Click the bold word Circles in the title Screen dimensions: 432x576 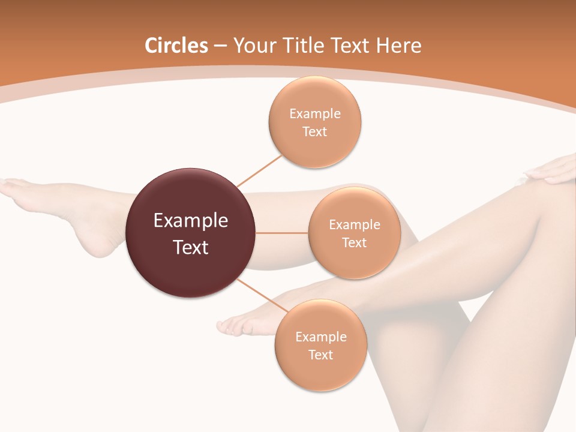point(176,46)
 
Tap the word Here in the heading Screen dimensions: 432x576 point(399,46)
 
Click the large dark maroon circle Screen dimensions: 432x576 point(191,233)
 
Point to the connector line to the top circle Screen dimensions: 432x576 point(259,170)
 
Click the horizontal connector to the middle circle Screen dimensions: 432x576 point(282,233)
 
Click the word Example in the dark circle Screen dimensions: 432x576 point(191,221)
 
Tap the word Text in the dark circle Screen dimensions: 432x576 point(191,247)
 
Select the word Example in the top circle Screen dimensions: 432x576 point(315,113)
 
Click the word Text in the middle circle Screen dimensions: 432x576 point(354,242)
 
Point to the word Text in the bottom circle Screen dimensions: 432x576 point(320,355)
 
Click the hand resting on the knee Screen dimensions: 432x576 point(552,171)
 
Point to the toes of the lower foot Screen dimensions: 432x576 point(228,326)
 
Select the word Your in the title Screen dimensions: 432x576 point(251,46)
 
